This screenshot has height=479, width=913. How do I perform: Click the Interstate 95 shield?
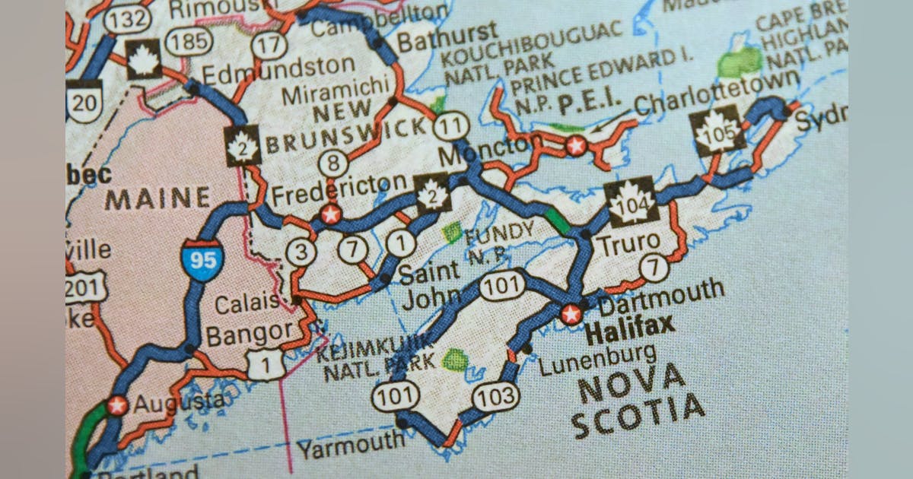coord(202,260)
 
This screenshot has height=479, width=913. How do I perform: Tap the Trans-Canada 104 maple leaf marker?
coord(631,202)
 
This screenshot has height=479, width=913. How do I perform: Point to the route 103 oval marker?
coord(496,396)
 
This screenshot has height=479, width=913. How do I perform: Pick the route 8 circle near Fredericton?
coord(333,163)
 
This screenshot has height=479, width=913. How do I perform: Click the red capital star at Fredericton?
coord(329,214)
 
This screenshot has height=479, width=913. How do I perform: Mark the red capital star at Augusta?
coord(117,405)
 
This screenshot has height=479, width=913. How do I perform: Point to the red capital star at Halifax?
coord(571,314)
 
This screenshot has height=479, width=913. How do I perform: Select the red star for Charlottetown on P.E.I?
coord(576,145)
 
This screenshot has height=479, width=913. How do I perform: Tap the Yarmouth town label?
coord(351,444)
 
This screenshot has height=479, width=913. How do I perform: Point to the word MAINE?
coord(157,199)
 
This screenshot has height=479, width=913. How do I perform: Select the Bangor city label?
coord(250,333)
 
